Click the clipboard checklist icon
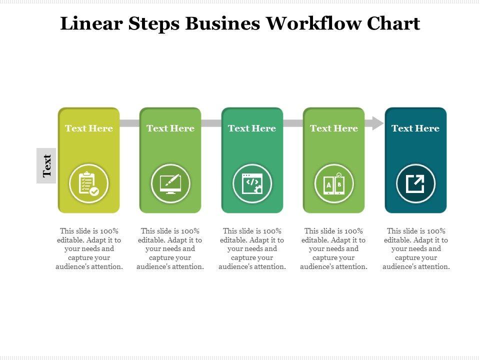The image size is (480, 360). click(88, 183)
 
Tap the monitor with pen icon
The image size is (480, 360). click(170, 183)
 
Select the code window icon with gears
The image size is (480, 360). click(252, 183)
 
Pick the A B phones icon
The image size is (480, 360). click(333, 183)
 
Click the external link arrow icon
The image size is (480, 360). click(415, 183)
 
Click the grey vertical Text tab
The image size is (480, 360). click(46, 165)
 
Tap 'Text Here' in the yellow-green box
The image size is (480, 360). click(88, 128)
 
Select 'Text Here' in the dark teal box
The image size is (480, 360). click(415, 128)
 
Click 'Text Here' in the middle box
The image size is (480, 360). click(252, 128)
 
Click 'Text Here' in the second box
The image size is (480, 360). click(170, 128)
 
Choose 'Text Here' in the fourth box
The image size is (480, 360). click(333, 128)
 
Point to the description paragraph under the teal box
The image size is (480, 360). click(416, 249)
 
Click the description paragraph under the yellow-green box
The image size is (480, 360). click(89, 249)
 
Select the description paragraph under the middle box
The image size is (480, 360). click(252, 249)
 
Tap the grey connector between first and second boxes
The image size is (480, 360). click(129, 123)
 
